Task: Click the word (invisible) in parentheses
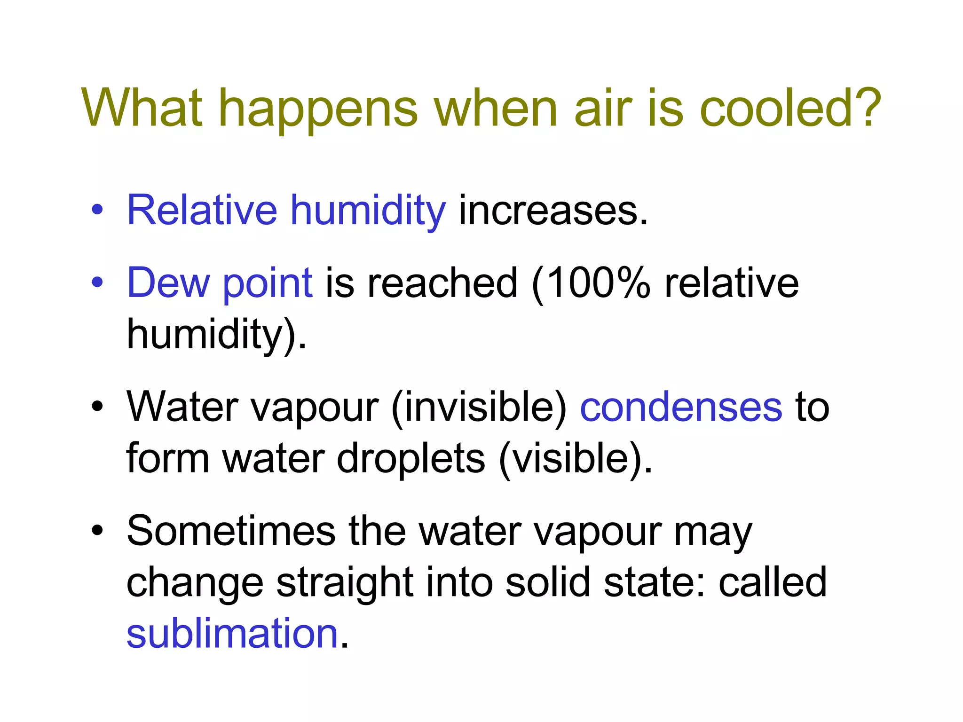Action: point(479,407)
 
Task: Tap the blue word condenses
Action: point(681,407)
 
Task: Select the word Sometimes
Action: point(231,531)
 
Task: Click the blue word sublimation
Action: point(232,634)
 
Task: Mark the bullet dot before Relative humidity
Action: point(97,210)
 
